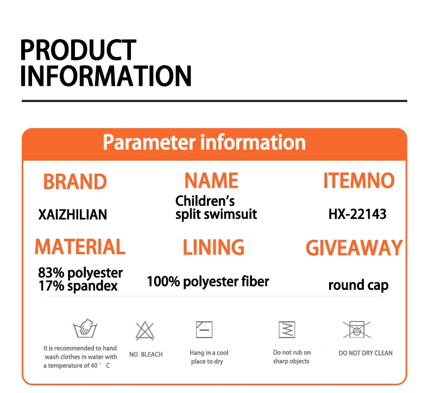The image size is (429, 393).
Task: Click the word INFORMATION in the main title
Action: tap(106, 76)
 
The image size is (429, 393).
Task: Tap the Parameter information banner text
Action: tap(204, 142)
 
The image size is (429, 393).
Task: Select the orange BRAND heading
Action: tap(75, 182)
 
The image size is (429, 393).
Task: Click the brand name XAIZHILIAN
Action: tap(73, 214)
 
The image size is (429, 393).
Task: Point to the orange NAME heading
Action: tap(211, 181)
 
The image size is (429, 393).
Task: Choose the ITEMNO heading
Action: tap(359, 181)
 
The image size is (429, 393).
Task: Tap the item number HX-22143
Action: tap(357, 214)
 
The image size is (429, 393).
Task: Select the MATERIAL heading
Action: tap(80, 246)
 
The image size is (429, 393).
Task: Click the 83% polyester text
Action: tap(80, 272)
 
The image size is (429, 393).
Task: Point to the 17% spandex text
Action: tap(78, 286)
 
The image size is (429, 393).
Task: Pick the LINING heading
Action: tap(213, 247)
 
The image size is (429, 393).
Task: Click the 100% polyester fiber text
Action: tap(208, 281)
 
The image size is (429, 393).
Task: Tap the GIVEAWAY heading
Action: tap(354, 248)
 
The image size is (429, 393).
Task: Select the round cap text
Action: tap(358, 285)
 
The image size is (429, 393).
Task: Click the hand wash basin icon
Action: tap(85, 328)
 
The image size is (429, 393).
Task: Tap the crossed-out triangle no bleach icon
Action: tap(145, 331)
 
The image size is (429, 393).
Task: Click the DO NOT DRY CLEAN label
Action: tap(365, 353)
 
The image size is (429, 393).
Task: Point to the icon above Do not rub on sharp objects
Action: tap(287, 329)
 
